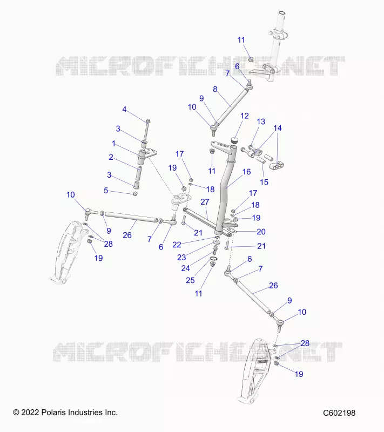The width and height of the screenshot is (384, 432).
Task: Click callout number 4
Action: (x=124, y=110)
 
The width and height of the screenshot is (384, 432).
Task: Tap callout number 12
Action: (x=245, y=116)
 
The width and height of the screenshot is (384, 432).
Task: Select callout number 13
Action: (x=261, y=122)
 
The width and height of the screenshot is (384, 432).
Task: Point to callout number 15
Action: (x=264, y=182)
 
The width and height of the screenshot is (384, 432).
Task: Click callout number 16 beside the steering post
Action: (x=246, y=172)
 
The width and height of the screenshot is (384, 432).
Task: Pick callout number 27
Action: (x=205, y=202)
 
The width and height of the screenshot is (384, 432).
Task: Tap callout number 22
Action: (x=177, y=245)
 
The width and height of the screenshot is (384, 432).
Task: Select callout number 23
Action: (x=181, y=258)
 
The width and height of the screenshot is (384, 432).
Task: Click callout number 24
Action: (x=186, y=268)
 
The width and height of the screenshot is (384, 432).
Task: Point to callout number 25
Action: (x=190, y=280)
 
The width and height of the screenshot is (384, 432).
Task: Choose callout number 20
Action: (x=261, y=232)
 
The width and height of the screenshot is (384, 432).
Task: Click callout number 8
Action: (x=215, y=89)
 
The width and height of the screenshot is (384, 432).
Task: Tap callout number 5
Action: (x=106, y=191)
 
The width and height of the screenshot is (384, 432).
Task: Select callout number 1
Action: (x=113, y=144)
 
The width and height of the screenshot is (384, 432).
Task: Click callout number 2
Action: (x=111, y=157)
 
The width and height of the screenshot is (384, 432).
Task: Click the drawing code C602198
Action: (x=339, y=413)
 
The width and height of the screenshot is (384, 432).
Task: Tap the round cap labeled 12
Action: (x=234, y=140)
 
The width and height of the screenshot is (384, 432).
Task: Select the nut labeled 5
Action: (x=135, y=194)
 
